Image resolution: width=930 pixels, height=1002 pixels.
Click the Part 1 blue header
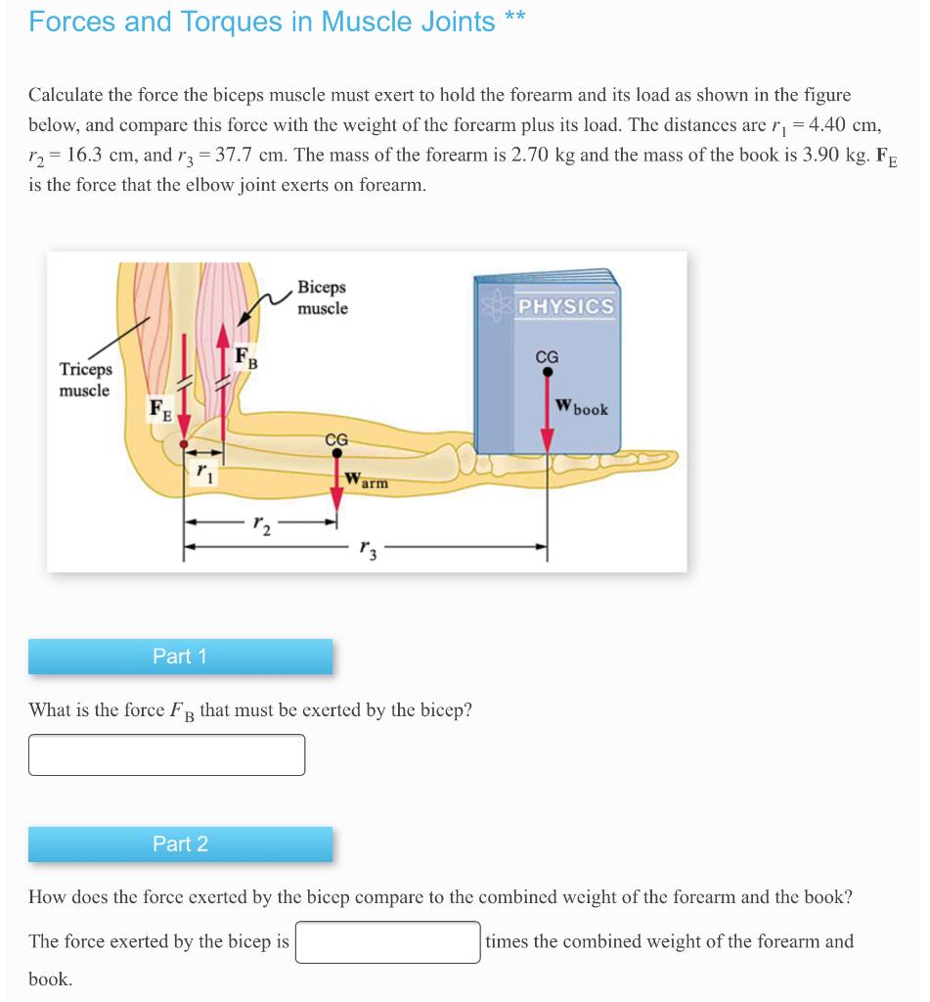(x=180, y=657)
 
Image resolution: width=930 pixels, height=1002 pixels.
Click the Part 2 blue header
(x=180, y=843)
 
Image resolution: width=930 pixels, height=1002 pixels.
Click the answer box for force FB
(x=166, y=754)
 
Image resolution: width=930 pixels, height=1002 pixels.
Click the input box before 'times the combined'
(x=388, y=942)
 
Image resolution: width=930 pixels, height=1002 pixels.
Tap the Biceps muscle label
(x=322, y=298)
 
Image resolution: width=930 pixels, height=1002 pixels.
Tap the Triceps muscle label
(x=85, y=380)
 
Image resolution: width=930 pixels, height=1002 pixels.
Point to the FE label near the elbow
(x=159, y=410)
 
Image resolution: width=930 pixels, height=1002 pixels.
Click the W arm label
(x=367, y=481)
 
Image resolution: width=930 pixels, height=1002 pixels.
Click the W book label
(x=581, y=407)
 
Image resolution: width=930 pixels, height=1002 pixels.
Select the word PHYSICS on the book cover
(x=566, y=306)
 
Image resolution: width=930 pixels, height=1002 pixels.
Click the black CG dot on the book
(x=548, y=372)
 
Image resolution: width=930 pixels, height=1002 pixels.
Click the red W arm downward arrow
(x=336, y=489)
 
